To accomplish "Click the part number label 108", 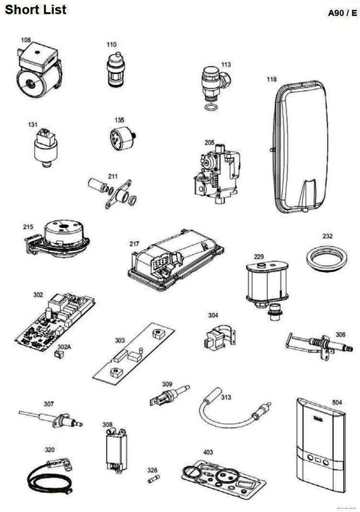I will (26, 40).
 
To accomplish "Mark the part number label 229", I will (259, 257).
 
